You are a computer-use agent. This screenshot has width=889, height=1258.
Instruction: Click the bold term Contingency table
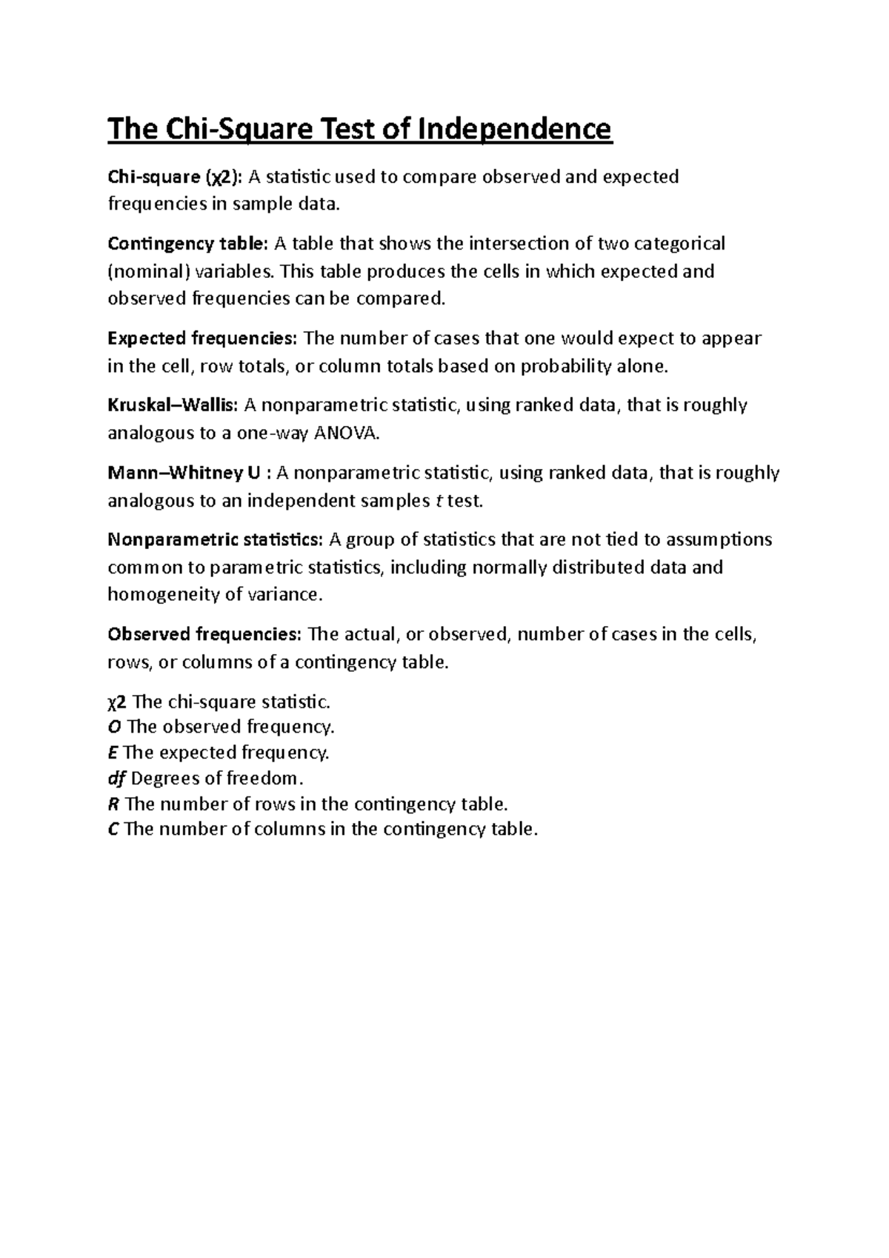[x=188, y=244]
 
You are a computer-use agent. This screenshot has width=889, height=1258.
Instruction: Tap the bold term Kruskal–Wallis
[x=173, y=405]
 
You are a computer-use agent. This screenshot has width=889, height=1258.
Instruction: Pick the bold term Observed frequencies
[x=204, y=635]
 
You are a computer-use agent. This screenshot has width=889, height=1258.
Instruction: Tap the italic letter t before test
[x=433, y=501]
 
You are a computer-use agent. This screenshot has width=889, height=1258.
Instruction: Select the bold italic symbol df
[x=116, y=779]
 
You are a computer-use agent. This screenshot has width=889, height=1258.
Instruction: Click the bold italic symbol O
[x=114, y=727]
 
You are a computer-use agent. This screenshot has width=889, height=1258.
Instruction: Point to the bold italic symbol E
[x=113, y=753]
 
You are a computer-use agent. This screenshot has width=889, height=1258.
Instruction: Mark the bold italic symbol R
[x=113, y=804]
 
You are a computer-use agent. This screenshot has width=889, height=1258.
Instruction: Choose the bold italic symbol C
[x=113, y=829]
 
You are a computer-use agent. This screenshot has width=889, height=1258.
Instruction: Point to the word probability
[x=567, y=367]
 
